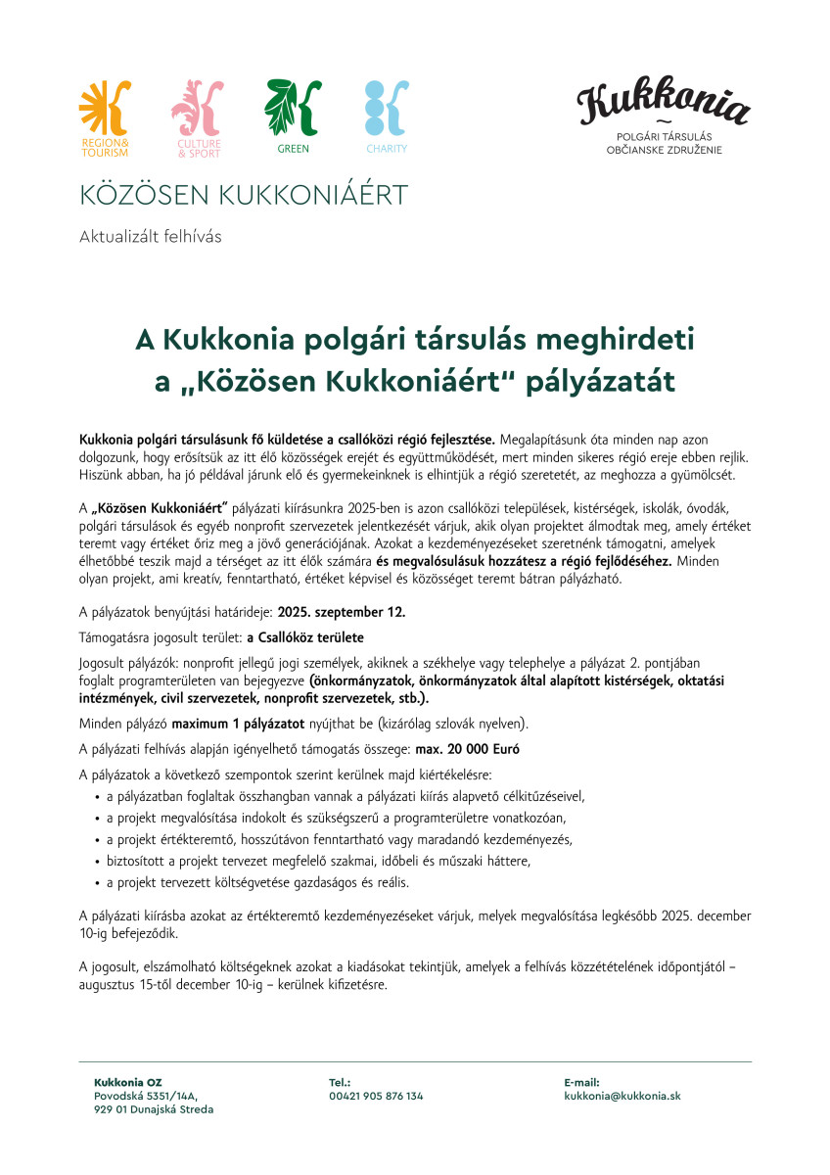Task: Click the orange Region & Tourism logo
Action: point(104,110)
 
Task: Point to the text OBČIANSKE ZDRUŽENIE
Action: point(664,150)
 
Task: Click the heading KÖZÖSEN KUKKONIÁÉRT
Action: point(243,195)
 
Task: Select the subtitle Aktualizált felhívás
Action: point(151,236)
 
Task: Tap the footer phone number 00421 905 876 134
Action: point(376,1096)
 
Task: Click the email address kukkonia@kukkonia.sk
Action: point(622,1096)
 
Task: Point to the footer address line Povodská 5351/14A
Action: point(146,1096)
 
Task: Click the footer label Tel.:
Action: point(340,1082)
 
